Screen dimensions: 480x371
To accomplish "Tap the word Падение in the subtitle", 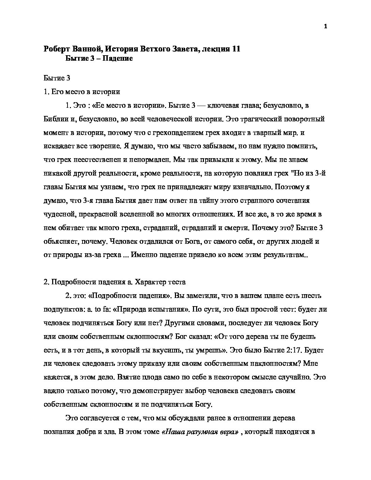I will tap(118, 58).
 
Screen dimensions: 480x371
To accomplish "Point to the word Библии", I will tap(55, 119).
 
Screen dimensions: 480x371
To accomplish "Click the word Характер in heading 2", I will tap(150, 282).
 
